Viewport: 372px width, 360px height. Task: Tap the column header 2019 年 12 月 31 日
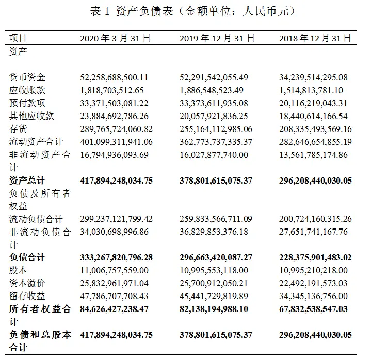tap(217, 38)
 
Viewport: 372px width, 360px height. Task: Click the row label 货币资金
tap(27, 77)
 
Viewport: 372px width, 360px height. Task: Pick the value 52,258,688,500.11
tap(115, 77)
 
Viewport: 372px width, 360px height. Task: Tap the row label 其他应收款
tap(31, 116)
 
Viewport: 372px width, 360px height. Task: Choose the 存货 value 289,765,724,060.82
tap(117, 129)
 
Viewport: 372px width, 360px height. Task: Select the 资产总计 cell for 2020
tap(117, 181)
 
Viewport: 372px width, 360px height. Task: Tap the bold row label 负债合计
tap(27, 257)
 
